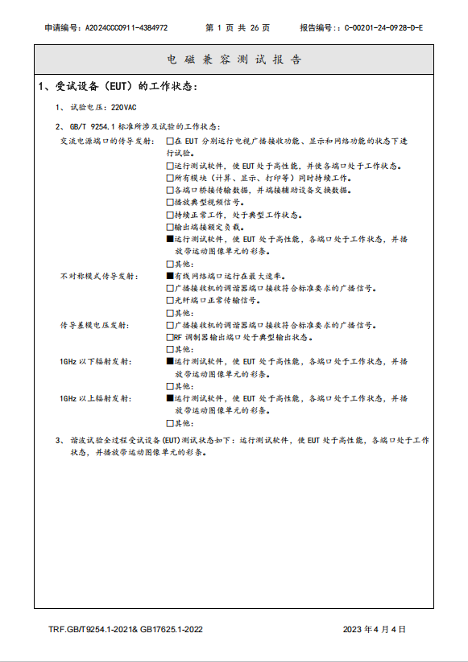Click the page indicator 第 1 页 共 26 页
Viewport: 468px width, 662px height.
[x=238, y=27]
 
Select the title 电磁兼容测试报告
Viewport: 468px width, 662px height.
[x=234, y=60]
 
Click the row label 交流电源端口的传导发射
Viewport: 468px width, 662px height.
[x=106, y=142]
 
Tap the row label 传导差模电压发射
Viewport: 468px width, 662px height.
[x=93, y=326]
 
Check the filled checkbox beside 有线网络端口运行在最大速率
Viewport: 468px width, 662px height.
[x=170, y=276]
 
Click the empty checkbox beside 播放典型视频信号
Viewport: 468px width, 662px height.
[x=170, y=203]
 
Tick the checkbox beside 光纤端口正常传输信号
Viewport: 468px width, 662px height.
[x=170, y=300]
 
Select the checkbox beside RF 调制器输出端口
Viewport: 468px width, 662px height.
[x=170, y=338]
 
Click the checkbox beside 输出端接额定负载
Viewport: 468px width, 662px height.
[x=170, y=228]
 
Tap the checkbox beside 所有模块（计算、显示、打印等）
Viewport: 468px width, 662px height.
[x=170, y=178]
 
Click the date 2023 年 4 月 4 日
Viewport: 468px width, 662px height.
[x=375, y=629]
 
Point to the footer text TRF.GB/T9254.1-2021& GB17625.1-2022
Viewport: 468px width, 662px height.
[x=125, y=629]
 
